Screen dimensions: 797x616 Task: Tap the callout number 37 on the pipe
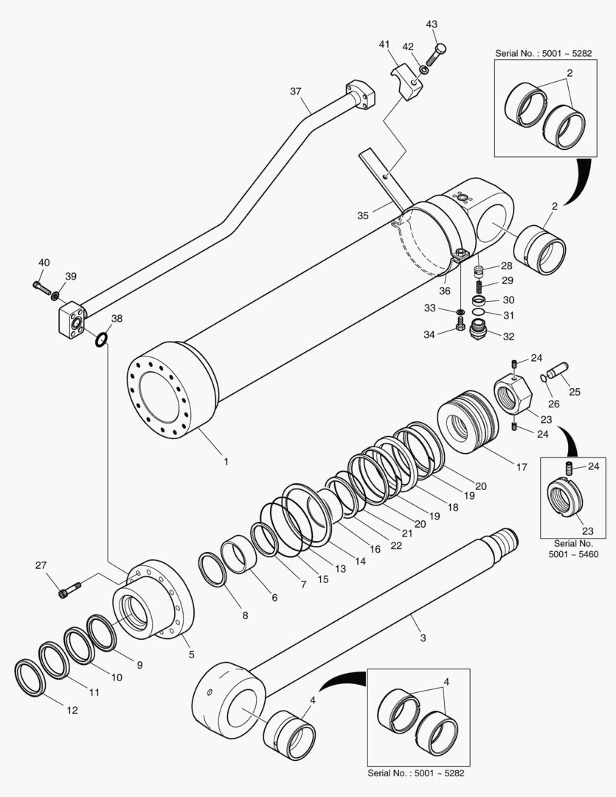coord(295,92)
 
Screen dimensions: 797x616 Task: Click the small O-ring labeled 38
coord(101,339)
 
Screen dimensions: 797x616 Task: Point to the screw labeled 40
coord(41,284)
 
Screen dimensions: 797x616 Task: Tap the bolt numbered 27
coord(67,589)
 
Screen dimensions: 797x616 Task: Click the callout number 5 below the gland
coord(191,654)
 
